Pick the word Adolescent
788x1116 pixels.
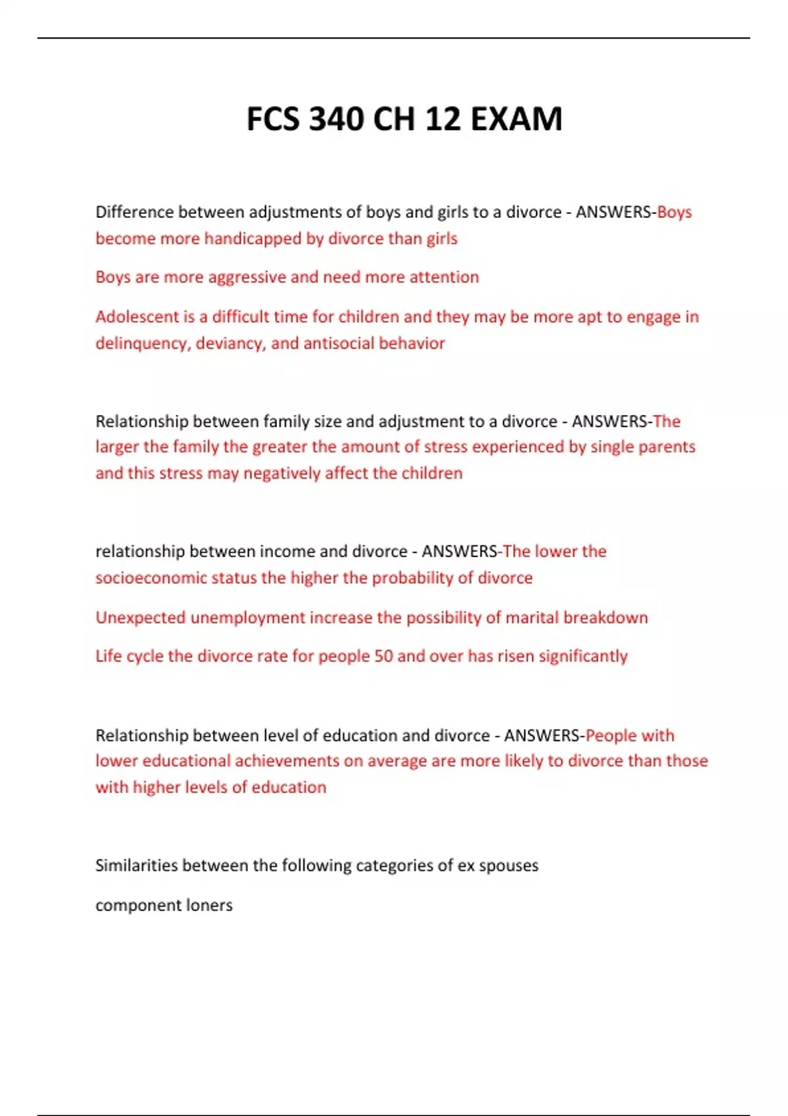coord(137,317)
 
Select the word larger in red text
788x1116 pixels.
coord(117,447)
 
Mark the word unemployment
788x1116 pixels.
coord(248,618)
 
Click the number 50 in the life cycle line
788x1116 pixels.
coord(383,656)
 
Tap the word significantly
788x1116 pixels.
coord(583,656)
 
